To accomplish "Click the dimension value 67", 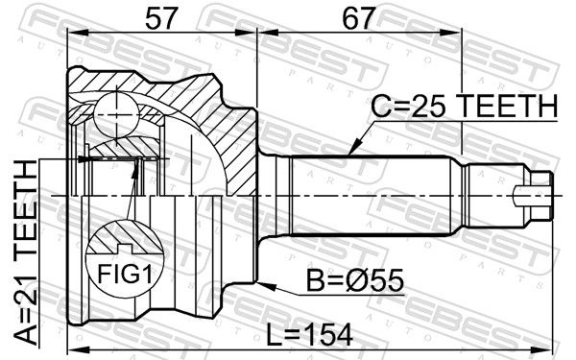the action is [359, 18].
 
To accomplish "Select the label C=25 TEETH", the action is [464, 106].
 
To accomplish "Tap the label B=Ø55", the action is [355, 280].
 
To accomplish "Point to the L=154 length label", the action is [309, 335].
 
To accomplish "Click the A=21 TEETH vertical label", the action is [26, 252].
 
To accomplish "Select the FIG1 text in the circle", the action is [125, 274].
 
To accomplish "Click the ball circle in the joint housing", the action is [117, 115].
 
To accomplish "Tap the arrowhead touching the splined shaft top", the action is [353, 148].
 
